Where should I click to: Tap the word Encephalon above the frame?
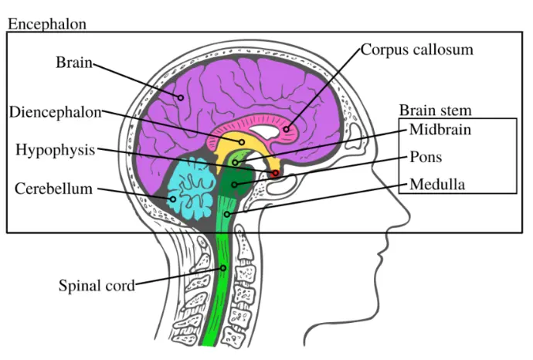tap(47, 24)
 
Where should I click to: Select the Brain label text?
tap(73, 62)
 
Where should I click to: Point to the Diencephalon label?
tap(56, 112)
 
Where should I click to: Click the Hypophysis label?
tap(55, 150)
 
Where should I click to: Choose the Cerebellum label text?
tap(54, 188)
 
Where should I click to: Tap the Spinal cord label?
tap(97, 285)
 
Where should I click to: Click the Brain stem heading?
tap(435, 110)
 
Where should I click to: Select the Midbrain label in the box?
tap(440, 129)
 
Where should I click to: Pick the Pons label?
tap(426, 158)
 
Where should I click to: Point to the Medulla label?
tap(437, 185)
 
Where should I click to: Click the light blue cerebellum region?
tap(189, 185)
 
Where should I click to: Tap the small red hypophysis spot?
tap(274, 174)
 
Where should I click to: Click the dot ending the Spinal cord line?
tap(224, 268)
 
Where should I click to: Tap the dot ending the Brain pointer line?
tap(181, 97)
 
